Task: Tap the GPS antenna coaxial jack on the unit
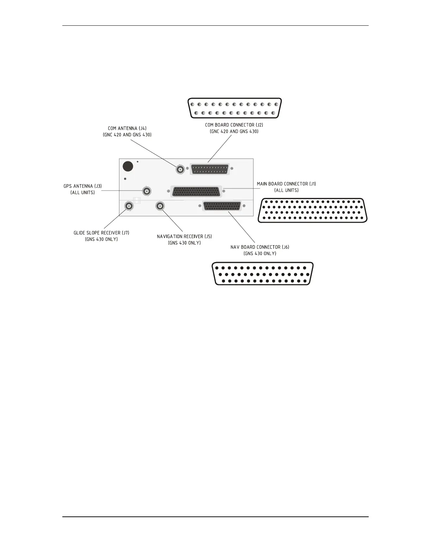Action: [147, 191]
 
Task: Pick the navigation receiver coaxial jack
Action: [160, 206]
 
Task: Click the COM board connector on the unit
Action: [210, 169]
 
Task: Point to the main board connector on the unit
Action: [196, 192]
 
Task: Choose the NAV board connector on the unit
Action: [222, 206]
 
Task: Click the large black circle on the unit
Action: [127, 166]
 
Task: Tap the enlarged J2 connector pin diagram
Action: [235, 108]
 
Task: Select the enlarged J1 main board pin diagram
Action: [313, 210]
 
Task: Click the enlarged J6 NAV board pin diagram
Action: [263, 274]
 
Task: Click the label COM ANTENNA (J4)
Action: [127, 128]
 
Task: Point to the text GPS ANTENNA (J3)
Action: [83, 186]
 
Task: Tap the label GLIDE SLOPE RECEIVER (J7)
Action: [101, 233]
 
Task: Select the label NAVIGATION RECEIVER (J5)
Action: [185, 236]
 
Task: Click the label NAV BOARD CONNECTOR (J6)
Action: [260, 247]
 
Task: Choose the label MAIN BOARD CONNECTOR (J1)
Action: [286, 184]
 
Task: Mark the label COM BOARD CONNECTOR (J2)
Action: [234, 125]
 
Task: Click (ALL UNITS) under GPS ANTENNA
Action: [83, 193]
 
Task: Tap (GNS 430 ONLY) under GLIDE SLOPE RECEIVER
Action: [101, 240]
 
